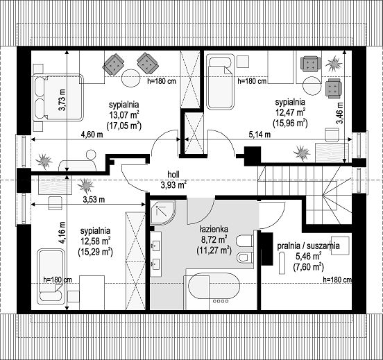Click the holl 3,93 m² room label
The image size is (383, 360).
coord(173,180)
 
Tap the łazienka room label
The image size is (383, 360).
coord(214,229)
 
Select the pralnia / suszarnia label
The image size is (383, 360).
coord(308,246)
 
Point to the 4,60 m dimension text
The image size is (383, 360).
coord(91,134)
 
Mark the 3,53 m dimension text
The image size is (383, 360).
coord(94,200)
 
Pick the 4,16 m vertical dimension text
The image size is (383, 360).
coord(62,232)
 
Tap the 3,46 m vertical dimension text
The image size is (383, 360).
coord(339,112)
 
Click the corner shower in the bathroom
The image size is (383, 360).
coord(162,212)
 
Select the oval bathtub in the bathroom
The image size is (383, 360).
coord(214,290)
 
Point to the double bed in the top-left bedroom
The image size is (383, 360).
coord(58,98)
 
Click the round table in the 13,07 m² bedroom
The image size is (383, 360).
coord(130,78)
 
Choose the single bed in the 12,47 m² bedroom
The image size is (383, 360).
coord(221,82)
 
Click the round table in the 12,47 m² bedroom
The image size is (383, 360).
coord(312,85)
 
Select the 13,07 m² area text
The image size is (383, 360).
coord(125,114)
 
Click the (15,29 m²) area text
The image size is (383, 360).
coord(96,252)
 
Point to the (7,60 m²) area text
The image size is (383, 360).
coord(308,266)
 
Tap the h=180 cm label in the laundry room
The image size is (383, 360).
coord(338,280)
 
